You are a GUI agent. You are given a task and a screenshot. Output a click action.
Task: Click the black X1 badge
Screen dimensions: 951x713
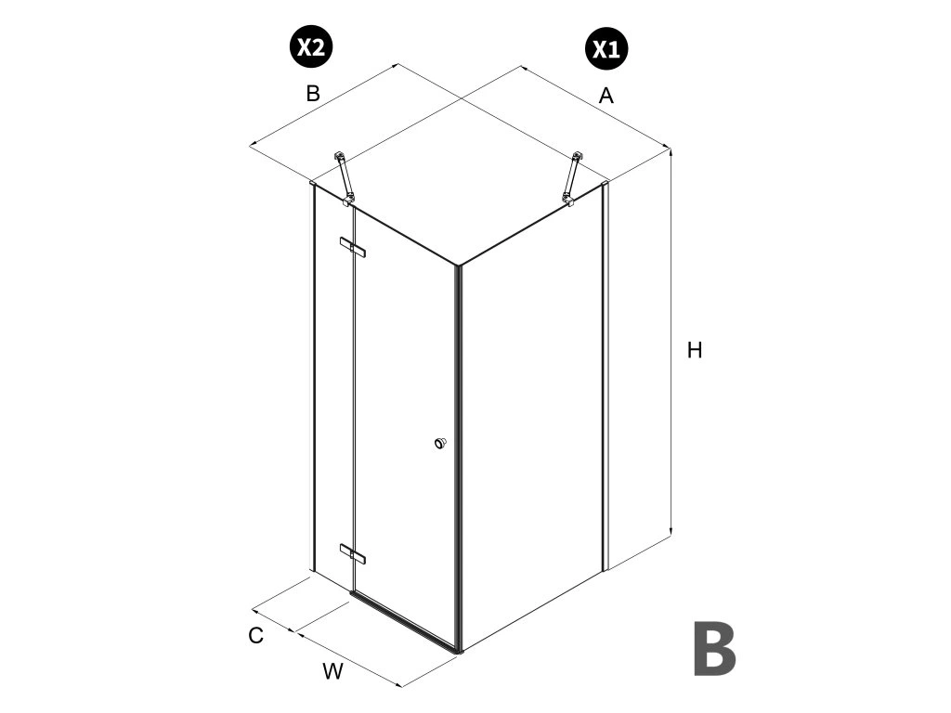[x=606, y=48]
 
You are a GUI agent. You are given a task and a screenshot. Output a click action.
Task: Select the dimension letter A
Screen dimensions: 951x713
[x=606, y=95]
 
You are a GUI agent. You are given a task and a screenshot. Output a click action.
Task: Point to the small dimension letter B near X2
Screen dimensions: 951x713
[x=313, y=94]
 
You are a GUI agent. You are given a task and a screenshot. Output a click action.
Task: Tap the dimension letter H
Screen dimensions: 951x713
[x=695, y=351]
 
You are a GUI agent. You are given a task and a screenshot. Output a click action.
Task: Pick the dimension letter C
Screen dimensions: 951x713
[x=256, y=636]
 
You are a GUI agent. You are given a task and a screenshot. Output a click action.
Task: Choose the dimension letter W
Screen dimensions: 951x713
[x=332, y=672]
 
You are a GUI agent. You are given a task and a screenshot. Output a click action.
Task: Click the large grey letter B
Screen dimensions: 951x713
[x=714, y=649]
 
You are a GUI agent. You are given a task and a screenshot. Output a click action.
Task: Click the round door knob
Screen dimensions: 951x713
[x=440, y=443]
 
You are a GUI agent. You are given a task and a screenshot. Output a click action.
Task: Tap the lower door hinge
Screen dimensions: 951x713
[x=353, y=553]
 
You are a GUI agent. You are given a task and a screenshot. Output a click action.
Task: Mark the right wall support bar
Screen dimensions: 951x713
[x=573, y=176]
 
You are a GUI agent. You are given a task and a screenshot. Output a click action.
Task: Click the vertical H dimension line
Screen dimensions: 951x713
[x=671, y=344]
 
